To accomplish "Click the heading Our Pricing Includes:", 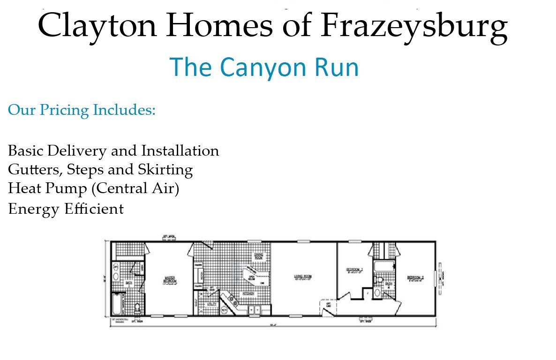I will click(x=82, y=110).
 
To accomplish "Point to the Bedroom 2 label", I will click(x=415, y=277).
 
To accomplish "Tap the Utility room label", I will click(x=212, y=304).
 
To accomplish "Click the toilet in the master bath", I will click(x=137, y=307).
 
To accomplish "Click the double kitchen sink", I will click(x=255, y=310).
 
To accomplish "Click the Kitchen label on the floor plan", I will click(x=249, y=293).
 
